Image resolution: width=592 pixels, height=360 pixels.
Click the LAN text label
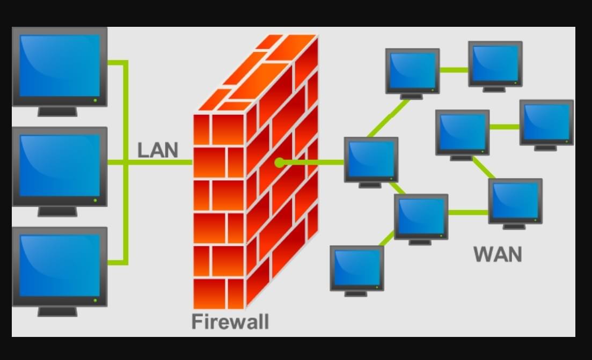pyautogui.click(x=157, y=150)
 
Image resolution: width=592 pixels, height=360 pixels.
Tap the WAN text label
pyautogui.click(x=498, y=254)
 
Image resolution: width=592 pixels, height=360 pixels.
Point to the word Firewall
pyautogui.click(x=230, y=322)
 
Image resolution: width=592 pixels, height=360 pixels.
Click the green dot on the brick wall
pyautogui.click(x=279, y=162)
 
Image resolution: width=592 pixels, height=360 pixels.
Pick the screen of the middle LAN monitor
pyautogui.click(x=60, y=165)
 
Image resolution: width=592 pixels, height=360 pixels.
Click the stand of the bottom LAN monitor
pyautogui.click(x=57, y=311)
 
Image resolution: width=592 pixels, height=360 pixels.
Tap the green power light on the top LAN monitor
pyautogui.click(x=96, y=100)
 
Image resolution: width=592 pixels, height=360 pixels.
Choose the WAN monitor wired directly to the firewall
pyautogui.click(x=371, y=159)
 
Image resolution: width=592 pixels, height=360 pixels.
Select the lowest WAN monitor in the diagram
pyautogui.click(x=356, y=268)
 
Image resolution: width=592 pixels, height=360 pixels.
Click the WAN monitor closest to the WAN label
pyautogui.click(x=515, y=201)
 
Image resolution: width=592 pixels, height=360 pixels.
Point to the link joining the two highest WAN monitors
pyautogui.click(x=454, y=70)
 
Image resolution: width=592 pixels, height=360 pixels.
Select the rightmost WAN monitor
pyautogui.click(x=546, y=122)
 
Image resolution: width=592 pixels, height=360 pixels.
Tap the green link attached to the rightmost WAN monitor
pyautogui.click(x=505, y=127)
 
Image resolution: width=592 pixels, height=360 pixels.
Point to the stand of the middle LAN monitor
pyautogui.click(x=57, y=211)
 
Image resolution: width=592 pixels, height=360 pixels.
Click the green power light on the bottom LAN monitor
pyautogui.click(x=96, y=300)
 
